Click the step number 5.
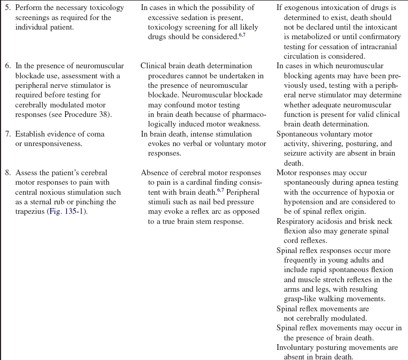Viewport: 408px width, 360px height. coord(8,8)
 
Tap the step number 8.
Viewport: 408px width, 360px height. coord(8,173)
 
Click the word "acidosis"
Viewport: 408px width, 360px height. coord(329,221)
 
